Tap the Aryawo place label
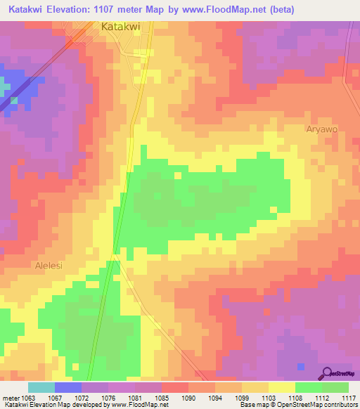(x=321, y=129)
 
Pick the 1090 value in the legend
(x=188, y=397)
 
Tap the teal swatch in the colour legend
(x=41, y=387)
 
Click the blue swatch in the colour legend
(x=68, y=387)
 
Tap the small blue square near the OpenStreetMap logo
(x=301, y=367)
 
